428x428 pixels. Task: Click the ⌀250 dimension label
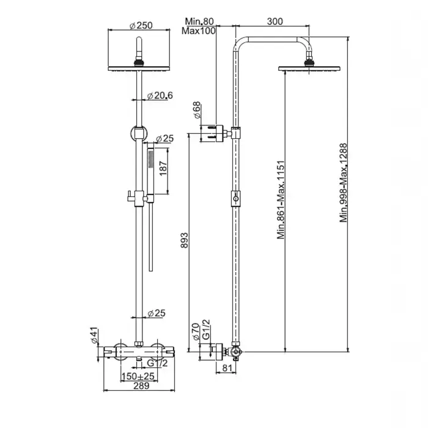coord(141,26)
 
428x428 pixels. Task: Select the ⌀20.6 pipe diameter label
coord(160,95)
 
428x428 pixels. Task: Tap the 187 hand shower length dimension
coord(163,168)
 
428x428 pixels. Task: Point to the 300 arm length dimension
coord(275,21)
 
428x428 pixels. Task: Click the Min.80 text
coord(199,21)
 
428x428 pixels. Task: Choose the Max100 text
coord(199,31)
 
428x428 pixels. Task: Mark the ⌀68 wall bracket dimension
coord(197,110)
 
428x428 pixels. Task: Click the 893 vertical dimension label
coord(184,240)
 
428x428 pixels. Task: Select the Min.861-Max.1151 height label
coord(281,200)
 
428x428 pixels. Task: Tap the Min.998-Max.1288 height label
coord(344,183)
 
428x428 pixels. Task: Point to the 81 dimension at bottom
coord(227,368)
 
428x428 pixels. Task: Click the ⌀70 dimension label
coord(196,331)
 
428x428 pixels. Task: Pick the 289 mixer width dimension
coord(141,386)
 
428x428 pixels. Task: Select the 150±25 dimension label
coord(138,377)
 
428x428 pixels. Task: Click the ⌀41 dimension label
coord(94,336)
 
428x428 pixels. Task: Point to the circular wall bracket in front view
coord(139,133)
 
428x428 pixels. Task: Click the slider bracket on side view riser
coord(236,199)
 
